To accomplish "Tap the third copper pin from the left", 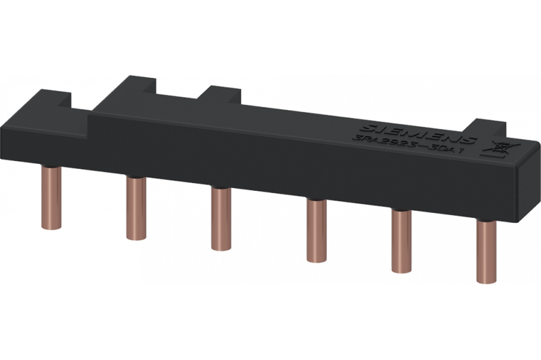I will (219, 219).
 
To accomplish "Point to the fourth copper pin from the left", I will (314, 231).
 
